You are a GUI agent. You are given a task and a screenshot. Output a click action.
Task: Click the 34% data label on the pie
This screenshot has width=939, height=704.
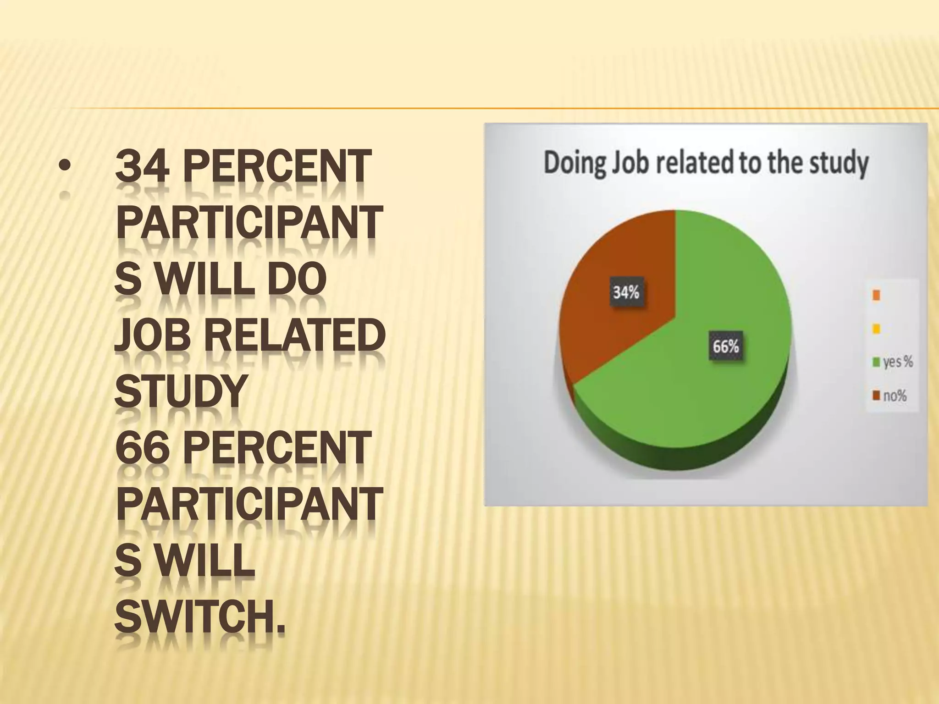click(626, 292)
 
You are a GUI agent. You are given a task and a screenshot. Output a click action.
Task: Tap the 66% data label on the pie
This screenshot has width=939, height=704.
click(726, 346)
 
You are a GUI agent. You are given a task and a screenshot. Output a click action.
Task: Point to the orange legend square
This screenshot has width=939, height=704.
click(876, 296)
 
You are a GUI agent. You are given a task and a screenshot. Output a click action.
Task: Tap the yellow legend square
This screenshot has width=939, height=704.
click(876, 329)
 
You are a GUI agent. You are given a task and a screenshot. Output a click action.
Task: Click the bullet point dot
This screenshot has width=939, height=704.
click(65, 166)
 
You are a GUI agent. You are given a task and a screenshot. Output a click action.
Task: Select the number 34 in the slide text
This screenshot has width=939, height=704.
click(143, 166)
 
